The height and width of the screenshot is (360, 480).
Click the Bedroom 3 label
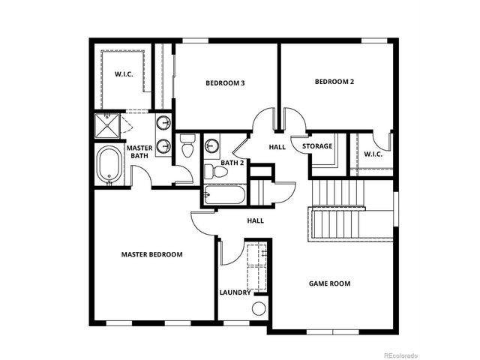tap(225, 83)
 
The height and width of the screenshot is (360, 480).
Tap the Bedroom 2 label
tap(334, 82)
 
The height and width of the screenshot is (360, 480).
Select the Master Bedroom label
tap(151, 255)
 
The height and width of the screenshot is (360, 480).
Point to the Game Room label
tap(330, 283)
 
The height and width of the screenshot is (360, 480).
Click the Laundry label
tap(235, 292)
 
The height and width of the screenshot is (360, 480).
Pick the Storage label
tap(317, 145)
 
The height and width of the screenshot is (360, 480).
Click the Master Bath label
tap(139, 152)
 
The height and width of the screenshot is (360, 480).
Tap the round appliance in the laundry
tap(259, 308)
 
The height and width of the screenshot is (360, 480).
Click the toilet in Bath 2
tap(219, 172)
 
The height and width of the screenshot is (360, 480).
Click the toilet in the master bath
tap(187, 145)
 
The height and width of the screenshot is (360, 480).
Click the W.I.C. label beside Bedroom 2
tap(373, 154)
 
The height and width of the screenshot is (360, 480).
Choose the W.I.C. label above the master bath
tap(124, 74)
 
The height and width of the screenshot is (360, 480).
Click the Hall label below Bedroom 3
tap(277, 148)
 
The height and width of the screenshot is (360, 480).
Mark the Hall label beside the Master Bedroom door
tap(256, 220)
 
